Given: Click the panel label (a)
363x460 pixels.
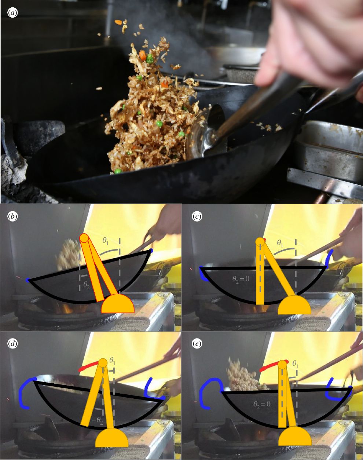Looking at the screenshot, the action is click(x=12, y=13).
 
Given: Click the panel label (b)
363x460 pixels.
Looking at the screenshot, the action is click(x=12, y=217).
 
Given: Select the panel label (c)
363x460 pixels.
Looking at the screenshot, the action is click(x=196, y=217).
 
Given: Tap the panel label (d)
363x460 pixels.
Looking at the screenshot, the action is click(x=12, y=344).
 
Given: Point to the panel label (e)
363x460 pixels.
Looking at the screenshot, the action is click(x=196, y=344).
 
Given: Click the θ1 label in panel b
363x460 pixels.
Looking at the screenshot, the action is click(x=106, y=241).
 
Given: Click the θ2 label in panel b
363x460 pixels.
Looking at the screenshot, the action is click(x=86, y=286).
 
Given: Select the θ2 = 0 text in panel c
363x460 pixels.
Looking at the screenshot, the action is click(x=241, y=279).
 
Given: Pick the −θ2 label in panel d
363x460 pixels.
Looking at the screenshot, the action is click(x=97, y=420).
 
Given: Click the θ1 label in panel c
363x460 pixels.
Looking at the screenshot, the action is click(x=280, y=243).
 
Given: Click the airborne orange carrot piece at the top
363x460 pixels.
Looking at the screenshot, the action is click(x=118, y=22).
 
